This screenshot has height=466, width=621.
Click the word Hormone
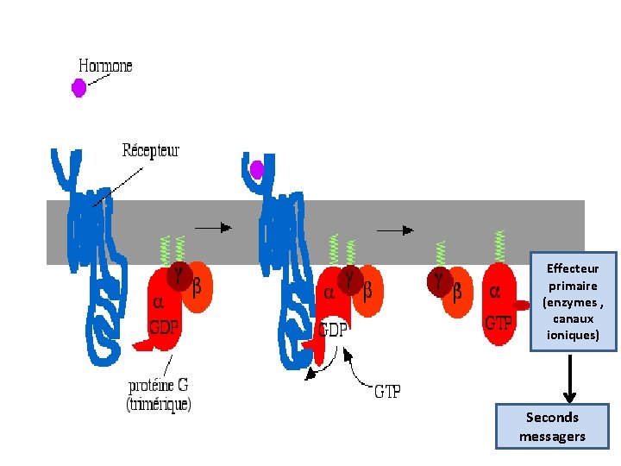[x=105, y=66]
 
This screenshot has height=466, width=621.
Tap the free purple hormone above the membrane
[x=78, y=87]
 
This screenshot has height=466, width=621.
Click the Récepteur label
[x=150, y=150]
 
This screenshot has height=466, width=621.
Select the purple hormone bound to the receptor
[x=256, y=170]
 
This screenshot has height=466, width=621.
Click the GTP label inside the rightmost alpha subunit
[x=499, y=324]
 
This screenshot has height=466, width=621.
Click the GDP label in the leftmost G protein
[x=164, y=327]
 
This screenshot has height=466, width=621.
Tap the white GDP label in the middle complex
[x=334, y=329]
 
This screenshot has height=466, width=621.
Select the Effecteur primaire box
[x=573, y=301]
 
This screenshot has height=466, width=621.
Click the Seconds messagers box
[x=552, y=426]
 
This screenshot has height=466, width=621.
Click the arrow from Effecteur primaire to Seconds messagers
[x=568, y=376]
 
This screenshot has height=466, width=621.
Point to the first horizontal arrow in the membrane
[x=213, y=227]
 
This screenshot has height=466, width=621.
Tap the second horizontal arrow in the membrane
[x=396, y=230]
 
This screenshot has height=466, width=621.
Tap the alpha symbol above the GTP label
[x=494, y=291]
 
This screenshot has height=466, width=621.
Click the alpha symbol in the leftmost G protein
[x=158, y=302]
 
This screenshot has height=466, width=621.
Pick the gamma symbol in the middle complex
[x=348, y=277]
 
